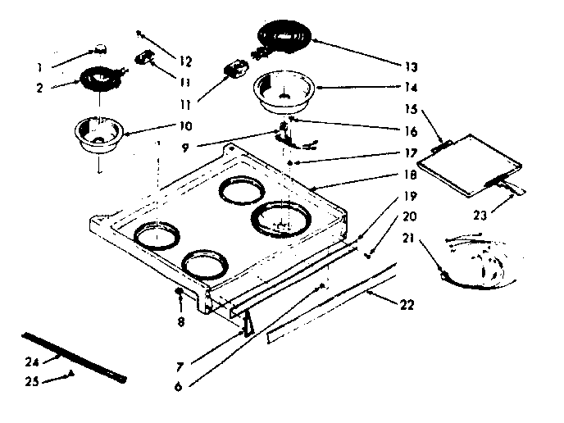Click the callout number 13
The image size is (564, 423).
[x=410, y=66]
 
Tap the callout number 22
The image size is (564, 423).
[x=407, y=305]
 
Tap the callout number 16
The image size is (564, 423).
[x=410, y=130]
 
